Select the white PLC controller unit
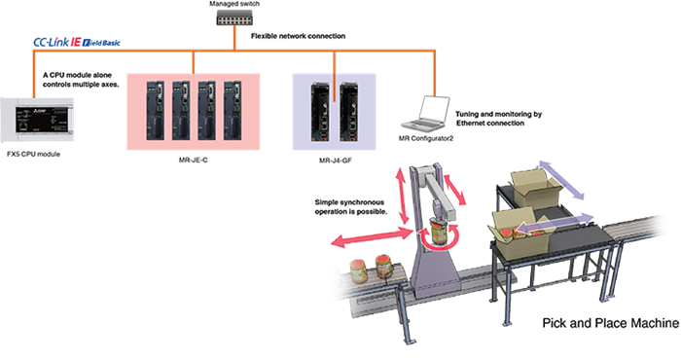pos(36,118)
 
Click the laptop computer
pos(429,114)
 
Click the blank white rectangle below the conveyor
pos(518,346)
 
